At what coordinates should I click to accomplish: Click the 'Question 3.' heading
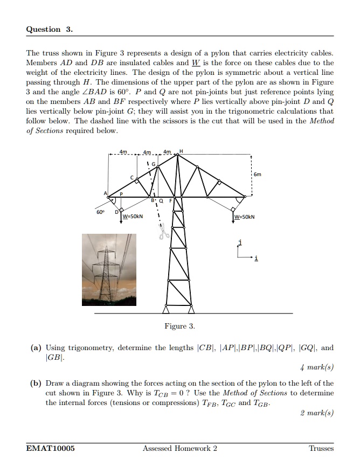point(49,30)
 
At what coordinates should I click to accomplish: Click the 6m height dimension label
point(258,175)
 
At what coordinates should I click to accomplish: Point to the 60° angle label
point(100,212)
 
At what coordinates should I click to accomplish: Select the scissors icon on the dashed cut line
point(163,233)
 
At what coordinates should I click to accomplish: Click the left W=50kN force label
point(133,217)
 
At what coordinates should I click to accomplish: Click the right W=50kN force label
point(244,217)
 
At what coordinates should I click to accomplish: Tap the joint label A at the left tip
point(106,193)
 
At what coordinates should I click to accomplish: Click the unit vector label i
point(256,259)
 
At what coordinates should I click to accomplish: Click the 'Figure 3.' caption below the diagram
point(179,326)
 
